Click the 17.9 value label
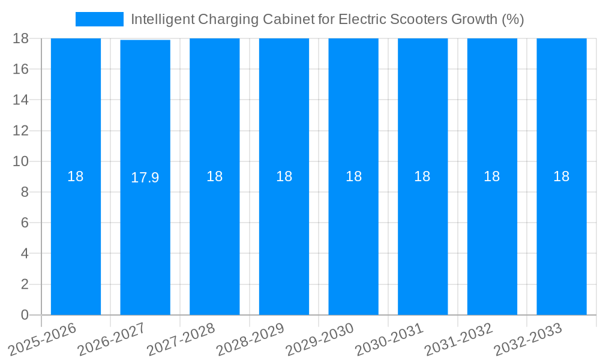pyautogui.click(x=145, y=178)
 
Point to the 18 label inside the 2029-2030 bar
pyautogui.click(x=353, y=176)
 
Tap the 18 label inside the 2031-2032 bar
pyautogui.click(x=492, y=176)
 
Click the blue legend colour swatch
pyautogui.click(x=99, y=19)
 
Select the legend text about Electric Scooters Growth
pyautogui.click(x=327, y=19)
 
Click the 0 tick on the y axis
pyautogui.click(x=25, y=315)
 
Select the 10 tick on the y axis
pyautogui.click(x=21, y=161)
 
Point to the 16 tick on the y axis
pyautogui.click(x=21, y=69)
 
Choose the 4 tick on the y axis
pyautogui.click(x=25, y=253)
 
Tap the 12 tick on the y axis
pyautogui.click(x=21, y=131)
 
